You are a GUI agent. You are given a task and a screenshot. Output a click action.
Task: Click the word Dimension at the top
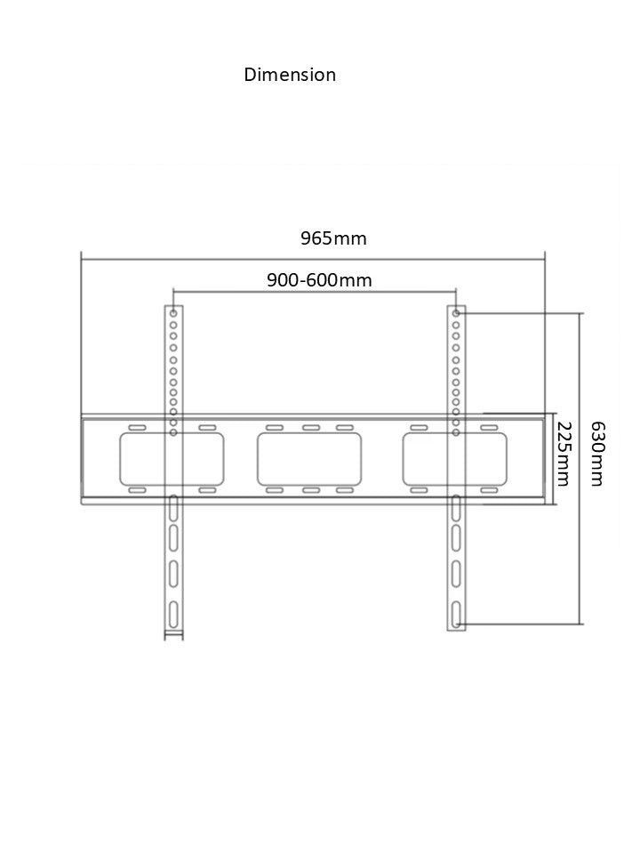(x=290, y=75)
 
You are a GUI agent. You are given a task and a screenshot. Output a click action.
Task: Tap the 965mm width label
(x=333, y=238)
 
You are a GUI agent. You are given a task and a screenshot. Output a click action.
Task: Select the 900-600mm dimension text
(x=319, y=281)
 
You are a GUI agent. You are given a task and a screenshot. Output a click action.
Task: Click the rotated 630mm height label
(x=596, y=454)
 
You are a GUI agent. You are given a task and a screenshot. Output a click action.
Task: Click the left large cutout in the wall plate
(x=171, y=459)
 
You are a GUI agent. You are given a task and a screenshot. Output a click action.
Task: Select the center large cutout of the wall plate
(x=309, y=459)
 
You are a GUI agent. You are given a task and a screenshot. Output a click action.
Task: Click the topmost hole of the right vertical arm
(x=456, y=314)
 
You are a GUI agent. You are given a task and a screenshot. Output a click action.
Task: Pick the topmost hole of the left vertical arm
(x=173, y=314)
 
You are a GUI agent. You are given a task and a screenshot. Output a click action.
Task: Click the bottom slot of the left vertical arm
(x=173, y=614)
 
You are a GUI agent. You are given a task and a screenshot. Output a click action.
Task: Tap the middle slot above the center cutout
(x=310, y=428)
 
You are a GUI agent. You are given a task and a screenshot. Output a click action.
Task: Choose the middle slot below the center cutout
(x=310, y=490)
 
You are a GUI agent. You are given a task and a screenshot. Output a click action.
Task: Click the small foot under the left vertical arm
(x=173, y=635)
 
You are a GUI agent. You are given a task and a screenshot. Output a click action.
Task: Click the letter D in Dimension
(x=250, y=75)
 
